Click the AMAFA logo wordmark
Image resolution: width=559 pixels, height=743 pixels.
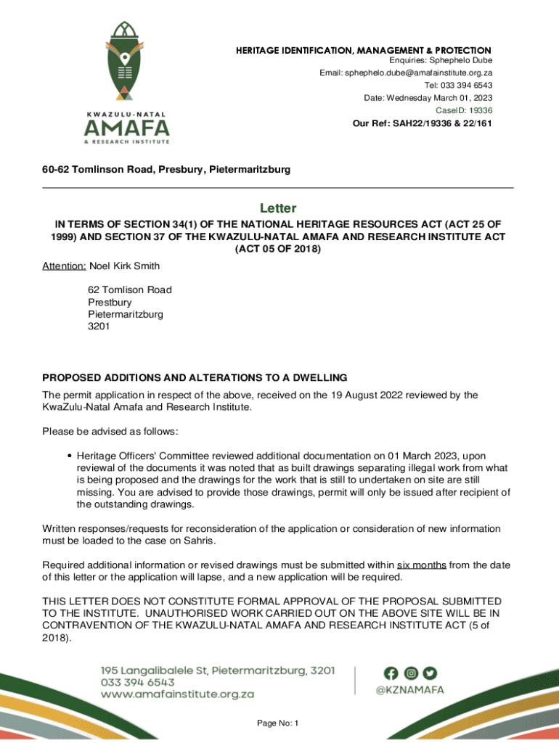pyautogui.click(x=127, y=128)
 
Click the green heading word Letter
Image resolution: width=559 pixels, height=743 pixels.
pyautogui.click(x=279, y=208)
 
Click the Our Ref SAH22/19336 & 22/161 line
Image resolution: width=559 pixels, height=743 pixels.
pyautogui.click(x=422, y=123)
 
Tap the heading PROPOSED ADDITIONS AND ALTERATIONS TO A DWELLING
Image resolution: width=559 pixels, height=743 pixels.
pyautogui.click(x=195, y=378)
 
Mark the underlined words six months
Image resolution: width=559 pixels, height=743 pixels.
pyautogui.click(x=422, y=565)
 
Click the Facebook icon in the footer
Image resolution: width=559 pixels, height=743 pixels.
pyautogui.click(x=391, y=673)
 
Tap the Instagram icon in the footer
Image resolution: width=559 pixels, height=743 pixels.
pyautogui.click(x=411, y=673)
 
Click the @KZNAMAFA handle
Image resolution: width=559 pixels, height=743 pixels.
pyautogui.click(x=409, y=690)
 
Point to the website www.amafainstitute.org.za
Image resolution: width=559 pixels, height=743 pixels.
pyautogui.click(x=177, y=694)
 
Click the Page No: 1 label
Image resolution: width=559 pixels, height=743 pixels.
pyautogui.click(x=278, y=723)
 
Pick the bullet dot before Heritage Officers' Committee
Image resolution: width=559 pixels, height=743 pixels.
pyautogui.click(x=68, y=456)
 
